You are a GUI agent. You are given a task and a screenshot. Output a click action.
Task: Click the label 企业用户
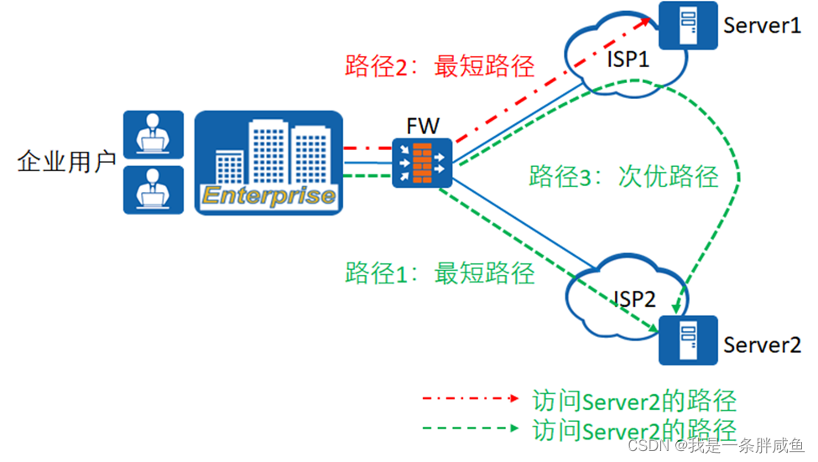pyautogui.click(x=66, y=162)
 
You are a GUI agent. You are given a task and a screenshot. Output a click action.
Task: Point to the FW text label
pyautogui.click(x=423, y=127)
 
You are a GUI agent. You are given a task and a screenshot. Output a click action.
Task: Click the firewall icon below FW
pyautogui.click(x=423, y=162)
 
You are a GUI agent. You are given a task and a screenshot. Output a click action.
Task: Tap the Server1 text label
pyautogui.click(x=762, y=25)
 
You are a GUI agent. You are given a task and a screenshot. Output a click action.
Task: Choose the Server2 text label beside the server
pyautogui.click(x=762, y=345)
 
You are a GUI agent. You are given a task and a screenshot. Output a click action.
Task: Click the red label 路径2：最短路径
pyautogui.click(x=440, y=66)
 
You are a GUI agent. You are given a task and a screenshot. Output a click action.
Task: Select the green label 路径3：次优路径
pyautogui.click(x=623, y=176)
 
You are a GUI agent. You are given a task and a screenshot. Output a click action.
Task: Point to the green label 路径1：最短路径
pyautogui.click(x=440, y=273)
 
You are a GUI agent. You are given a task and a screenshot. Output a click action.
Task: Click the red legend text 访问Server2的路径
pyautogui.click(x=634, y=400)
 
